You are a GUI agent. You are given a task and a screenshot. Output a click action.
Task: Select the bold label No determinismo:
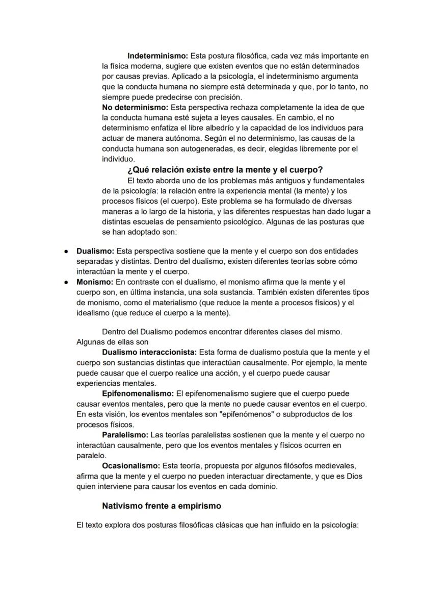pyautogui.click(x=135, y=108)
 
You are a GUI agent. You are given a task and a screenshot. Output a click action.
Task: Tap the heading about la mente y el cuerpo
pyautogui.click(x=225, y=170)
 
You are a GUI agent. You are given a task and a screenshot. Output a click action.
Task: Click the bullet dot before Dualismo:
pyautogui.click(x=66, y=252)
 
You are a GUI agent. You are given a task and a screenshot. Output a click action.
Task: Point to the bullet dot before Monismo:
pyautogui.click(x=66, y=282)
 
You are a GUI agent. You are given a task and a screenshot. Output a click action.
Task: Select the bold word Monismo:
pyautogui.click(x=95, y=282)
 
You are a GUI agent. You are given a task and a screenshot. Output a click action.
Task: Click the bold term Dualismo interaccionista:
pyautogui.click(x=149, y=352)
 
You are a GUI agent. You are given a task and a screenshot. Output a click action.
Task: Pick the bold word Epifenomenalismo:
pyautogui.click(x=138, y=393)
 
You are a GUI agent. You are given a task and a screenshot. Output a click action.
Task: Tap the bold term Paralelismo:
pyautogui.click(x=125, y=435)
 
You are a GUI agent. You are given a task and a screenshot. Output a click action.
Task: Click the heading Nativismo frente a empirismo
pyautogui.click(x=162, y=506)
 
